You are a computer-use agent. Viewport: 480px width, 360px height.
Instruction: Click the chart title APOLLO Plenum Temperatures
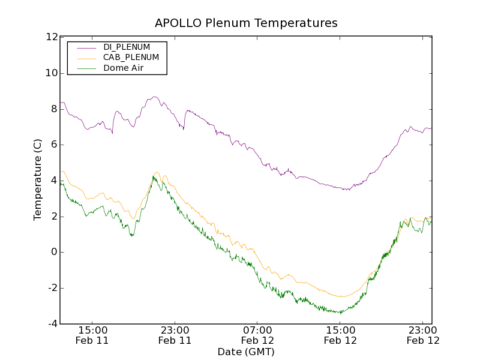click(246, 23)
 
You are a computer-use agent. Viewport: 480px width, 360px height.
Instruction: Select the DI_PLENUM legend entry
click(127, 47)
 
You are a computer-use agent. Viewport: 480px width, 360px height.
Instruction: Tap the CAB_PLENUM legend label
click(131, 58)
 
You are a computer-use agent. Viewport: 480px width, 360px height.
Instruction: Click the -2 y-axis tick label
click(52, 288)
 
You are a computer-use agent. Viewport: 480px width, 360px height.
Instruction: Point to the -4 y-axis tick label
click(52, 324)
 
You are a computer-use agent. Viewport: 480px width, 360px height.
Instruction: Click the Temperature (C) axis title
click(38, 180)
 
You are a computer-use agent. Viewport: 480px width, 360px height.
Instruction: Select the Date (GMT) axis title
click(246, 352)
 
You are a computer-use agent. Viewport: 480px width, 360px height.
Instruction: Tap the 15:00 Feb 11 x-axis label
click(92, 335)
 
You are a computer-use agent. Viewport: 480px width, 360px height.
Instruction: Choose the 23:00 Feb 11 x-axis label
click(175, 335)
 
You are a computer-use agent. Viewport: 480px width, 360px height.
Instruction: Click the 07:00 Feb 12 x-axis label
click(257, 335)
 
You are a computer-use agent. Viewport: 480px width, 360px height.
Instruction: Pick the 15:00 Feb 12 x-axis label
click(340, 335)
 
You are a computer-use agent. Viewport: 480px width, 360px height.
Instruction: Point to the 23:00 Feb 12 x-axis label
click(423, 335)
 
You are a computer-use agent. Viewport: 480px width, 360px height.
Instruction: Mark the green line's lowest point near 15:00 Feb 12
click(340, 313)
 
